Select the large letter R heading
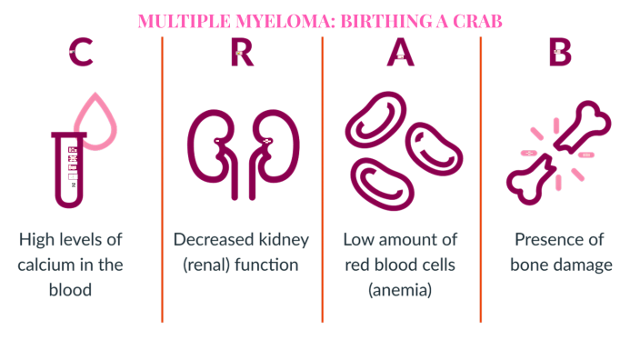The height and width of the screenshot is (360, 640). (x=242, y=54)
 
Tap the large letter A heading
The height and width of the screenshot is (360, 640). (x=401, y=54)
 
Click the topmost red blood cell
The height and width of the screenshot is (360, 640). (x=373, y=115)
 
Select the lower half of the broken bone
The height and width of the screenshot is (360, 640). (x=537, y=182)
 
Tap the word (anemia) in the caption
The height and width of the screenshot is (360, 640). (x=401, y=291)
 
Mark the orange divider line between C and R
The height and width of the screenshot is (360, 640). (x=163, y=182)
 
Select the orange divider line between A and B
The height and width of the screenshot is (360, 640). (x=481, y=182)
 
